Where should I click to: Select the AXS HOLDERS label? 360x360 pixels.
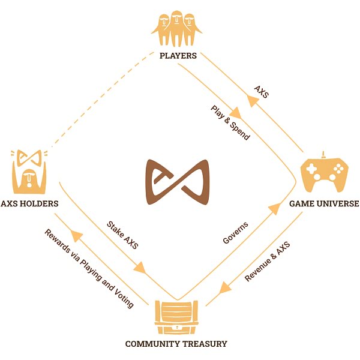point(29,203)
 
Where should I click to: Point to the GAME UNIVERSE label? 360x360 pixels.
point(324,203)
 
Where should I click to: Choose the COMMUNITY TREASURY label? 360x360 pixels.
point(176,344)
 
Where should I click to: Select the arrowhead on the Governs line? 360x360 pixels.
point(274,208)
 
